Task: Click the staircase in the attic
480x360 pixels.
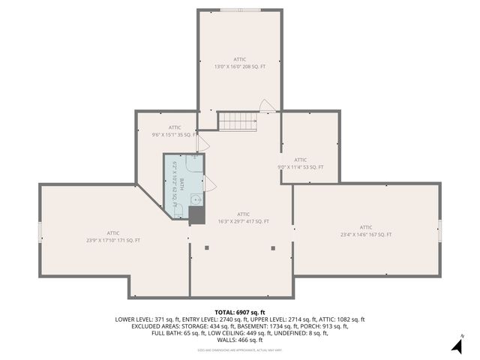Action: (238, 121)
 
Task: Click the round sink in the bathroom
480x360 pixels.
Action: (195, 199)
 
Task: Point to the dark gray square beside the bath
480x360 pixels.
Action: (196, 216)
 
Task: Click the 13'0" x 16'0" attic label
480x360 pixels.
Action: (240, 62)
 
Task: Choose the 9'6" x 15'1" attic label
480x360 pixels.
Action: (175, 131)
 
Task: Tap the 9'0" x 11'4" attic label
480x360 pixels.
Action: (301, 163)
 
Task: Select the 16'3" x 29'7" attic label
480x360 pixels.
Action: (243, 217)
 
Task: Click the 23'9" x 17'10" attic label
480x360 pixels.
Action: (113, 236)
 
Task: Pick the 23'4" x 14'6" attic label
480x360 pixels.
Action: (366, 231)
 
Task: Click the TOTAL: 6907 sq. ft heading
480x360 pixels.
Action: (240, 311)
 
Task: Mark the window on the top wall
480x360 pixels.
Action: (240, 10)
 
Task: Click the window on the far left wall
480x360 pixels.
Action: (40, 231)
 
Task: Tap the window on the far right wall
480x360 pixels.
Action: (439, 226)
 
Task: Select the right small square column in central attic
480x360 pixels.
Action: (272, 247)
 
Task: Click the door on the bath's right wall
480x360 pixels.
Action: (209, 183)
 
